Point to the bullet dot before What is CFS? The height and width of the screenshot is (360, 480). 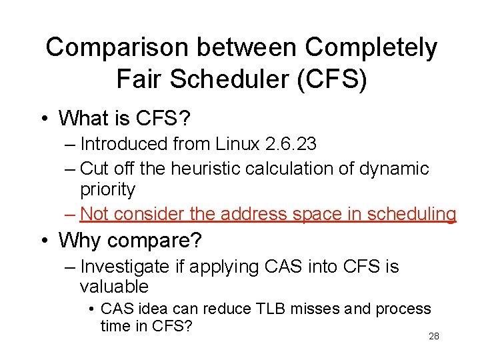[x=43, y=119]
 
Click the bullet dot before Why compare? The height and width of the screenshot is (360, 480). [x=43, y=239]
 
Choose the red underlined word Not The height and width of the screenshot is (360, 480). [x=94, y=214]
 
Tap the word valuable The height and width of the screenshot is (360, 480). [x=114, y=287]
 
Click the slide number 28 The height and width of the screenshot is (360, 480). [x=434, y=337]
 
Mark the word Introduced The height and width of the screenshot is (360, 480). [x=123, y=145]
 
